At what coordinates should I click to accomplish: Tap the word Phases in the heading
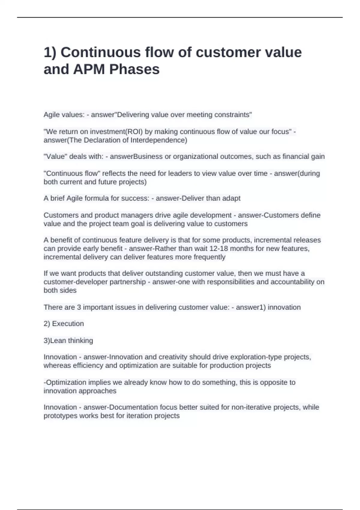click(x=134, y=69)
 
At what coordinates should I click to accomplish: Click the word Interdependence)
click(x=159, y=140)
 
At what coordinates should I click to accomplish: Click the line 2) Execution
click(x=64, y=324)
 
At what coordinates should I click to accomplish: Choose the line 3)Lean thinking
click(x=68, y=340)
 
